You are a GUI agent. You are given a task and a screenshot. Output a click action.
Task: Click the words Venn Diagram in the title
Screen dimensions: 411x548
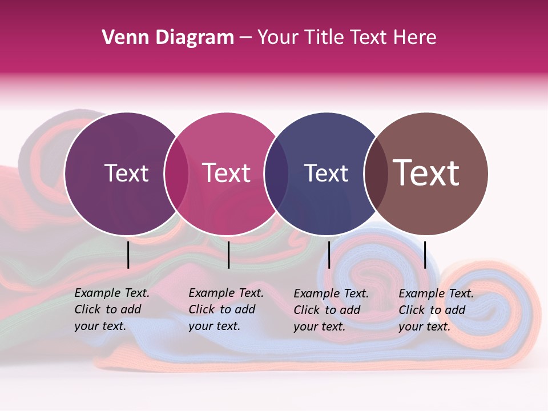coord(168,38)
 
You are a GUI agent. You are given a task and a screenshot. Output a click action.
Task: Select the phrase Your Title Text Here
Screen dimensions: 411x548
coord(346,38)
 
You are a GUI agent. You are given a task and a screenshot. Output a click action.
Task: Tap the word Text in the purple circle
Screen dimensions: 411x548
coord(126,173)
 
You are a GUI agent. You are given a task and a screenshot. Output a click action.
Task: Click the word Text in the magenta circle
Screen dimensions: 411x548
coord(227,173)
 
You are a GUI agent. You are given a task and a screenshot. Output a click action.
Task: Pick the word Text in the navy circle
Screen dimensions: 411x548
coord(326,173)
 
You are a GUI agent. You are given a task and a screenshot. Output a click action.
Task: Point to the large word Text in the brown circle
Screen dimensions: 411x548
coord(426,173)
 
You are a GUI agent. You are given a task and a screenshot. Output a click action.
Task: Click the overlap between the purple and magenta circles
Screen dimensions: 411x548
coord(176,174)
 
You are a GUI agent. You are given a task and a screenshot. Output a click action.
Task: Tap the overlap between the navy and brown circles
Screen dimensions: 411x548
coord(376,174)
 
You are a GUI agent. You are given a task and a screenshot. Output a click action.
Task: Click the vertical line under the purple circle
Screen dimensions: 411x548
coord(128,255)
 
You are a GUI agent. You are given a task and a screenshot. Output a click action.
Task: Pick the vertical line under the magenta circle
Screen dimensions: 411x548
coord(228,255)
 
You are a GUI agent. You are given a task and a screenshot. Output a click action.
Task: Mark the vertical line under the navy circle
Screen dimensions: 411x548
coord(329,255)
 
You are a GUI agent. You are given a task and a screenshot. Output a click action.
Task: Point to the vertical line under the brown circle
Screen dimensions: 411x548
coord(425,255)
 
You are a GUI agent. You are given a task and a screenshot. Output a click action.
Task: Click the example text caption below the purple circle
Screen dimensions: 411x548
coord(112,309)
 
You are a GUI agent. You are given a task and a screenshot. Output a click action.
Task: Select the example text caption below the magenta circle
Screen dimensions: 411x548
coord(226,309)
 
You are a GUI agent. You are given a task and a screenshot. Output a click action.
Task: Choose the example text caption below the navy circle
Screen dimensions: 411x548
coord(331,310)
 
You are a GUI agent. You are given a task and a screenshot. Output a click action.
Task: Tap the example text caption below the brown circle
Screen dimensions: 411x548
coord(436,310)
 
